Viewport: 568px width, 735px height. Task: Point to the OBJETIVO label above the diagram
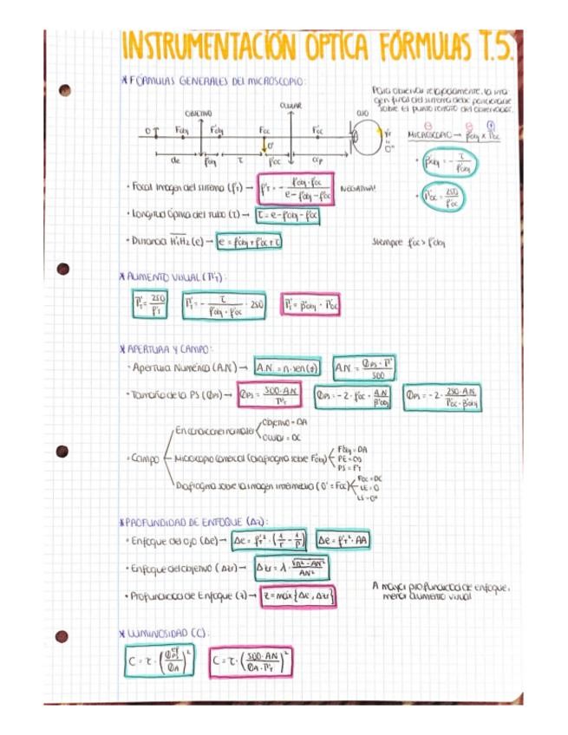click(198, 114)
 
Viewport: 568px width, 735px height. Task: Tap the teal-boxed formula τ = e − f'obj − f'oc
click(278, 215)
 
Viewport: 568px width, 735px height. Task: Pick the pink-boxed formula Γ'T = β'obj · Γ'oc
click(313, 306)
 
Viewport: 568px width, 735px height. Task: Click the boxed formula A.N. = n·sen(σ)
click(289, 367)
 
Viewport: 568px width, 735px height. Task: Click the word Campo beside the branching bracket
click(143, 456)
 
